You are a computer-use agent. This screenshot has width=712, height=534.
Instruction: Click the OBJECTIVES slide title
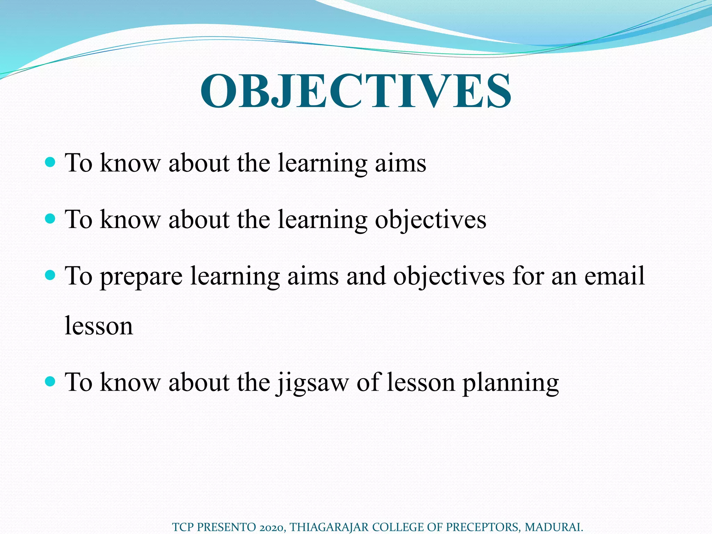click(x=356, y=91)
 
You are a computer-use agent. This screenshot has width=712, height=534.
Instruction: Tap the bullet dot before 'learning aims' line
click(x=51, y=162)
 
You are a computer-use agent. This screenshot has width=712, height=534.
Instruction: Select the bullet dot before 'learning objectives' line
click(x=51, y=219)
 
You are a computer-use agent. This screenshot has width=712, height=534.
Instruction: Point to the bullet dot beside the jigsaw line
click(x=51, y=382)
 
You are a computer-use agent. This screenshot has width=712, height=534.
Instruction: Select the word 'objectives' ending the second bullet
click(x=430, y=220)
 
